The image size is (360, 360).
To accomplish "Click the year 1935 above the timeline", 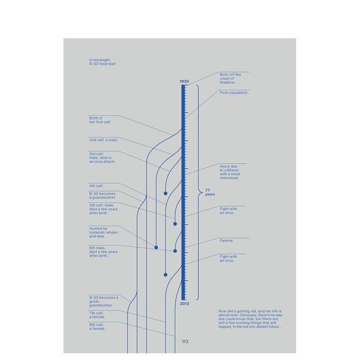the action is point(184,81).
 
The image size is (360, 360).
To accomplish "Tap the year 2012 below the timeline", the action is point(184,304).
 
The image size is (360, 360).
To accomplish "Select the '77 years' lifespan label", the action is point(210,192).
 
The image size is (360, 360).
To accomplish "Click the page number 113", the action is point(185,342).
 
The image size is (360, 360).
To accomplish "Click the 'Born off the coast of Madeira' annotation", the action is point(230,78).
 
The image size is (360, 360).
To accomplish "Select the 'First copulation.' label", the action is point(234,93).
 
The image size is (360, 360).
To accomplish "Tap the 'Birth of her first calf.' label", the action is point(100,120).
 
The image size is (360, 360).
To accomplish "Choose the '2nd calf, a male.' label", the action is point(103,140).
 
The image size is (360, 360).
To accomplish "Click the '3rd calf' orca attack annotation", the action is point(102,157).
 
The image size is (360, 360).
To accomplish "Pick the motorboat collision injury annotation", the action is point(230,172).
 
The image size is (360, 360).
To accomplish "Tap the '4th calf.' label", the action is point(96,186).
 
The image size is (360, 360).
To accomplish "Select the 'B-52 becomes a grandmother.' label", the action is point(102,196).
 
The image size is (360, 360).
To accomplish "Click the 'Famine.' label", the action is point(227,241).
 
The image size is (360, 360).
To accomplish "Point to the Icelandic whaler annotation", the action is point(103,232).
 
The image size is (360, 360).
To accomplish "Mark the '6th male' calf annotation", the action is point(103,252).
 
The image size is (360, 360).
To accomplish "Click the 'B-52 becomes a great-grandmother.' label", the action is point(103,301).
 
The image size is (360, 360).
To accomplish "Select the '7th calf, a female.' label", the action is point(97,315).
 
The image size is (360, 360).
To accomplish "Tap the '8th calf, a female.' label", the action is point(97,326).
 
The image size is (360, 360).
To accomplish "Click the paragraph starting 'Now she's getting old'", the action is point(250,319).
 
